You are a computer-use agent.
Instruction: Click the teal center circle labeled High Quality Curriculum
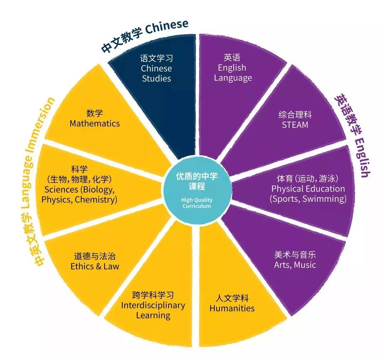[197, 190]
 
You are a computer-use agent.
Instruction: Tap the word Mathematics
[95, 124]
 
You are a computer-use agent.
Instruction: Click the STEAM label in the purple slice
[295, 125]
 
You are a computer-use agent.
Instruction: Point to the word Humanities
[232, 308]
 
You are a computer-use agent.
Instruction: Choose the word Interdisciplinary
[153, 305]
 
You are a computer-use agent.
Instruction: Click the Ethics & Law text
[95, 266]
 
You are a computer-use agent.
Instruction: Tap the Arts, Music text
[295, 265]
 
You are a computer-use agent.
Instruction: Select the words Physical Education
[308, 189]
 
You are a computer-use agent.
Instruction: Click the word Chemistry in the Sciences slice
[96, 200]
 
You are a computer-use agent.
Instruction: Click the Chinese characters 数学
[95, 113]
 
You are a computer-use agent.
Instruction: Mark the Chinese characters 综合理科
[295, 114]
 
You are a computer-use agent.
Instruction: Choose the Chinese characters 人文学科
[232, 298]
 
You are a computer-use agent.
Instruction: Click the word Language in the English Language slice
[233, 78]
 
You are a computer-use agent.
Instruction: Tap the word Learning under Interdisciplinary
[153, 316]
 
